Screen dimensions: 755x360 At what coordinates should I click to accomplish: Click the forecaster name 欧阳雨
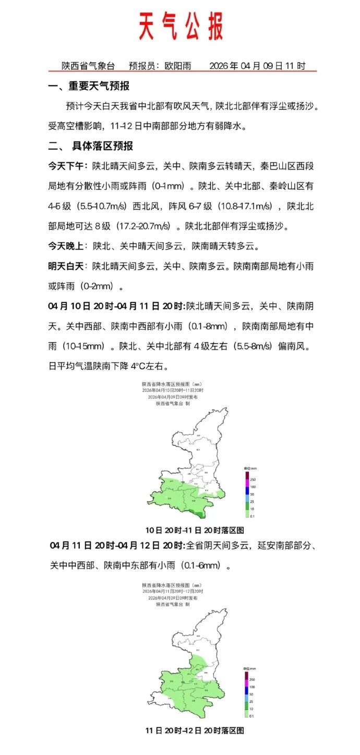coord(177,66)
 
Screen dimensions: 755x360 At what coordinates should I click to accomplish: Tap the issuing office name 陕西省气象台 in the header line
coord(88,66)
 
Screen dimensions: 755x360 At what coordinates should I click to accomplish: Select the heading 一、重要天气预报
coord(89,87)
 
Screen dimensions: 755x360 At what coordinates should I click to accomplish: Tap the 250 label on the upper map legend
coord(253,480)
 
